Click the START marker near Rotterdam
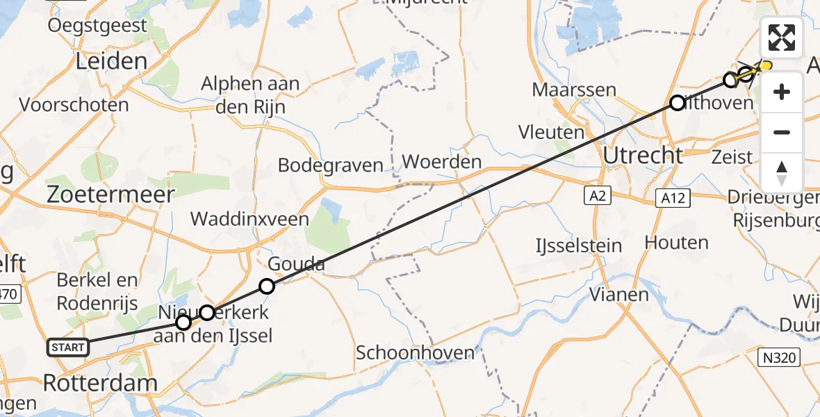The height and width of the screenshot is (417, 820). point(67,347)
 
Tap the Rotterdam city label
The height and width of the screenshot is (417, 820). point(100,382)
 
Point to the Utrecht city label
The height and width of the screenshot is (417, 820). point(643,155)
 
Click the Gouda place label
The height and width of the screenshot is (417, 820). point(297,264)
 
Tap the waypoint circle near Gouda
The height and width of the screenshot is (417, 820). point(267,286)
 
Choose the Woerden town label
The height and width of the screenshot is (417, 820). point(442,163)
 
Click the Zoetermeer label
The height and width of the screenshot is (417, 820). point(110,195)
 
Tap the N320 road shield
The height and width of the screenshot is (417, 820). point(779,357)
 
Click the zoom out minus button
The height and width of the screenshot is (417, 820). point(782,132)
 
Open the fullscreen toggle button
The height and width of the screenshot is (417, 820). point(782,38)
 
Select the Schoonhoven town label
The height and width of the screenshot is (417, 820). point(415,352)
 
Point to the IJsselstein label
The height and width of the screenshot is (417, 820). point(574,245)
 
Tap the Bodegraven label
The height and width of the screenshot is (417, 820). point(331,165)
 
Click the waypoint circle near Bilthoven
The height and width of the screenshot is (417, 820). point(677,103)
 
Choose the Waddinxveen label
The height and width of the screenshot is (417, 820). point(249,219)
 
